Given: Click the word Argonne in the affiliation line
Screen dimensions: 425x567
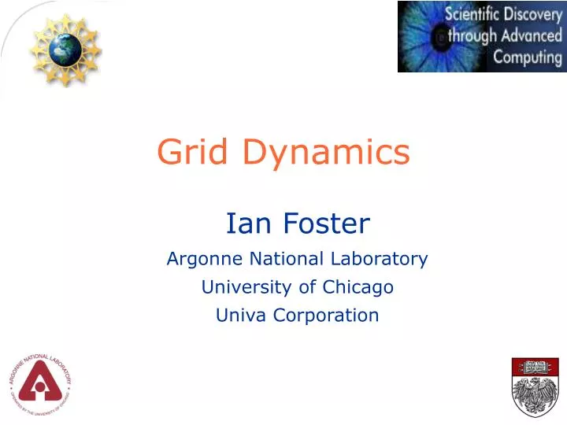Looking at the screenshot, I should [x=198, y=259].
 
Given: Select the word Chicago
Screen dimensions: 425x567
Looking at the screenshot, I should [x=361, y=288].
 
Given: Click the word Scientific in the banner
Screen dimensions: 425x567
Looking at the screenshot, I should [x=475, y=13].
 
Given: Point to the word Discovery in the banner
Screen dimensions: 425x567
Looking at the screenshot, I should [x=534, y=13].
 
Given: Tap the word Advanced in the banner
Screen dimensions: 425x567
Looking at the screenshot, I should [x=532, y=35].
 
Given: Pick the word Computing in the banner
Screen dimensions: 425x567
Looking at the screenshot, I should [x=528, y=57].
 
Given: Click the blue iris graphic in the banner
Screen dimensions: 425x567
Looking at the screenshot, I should [x=422, y=36].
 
